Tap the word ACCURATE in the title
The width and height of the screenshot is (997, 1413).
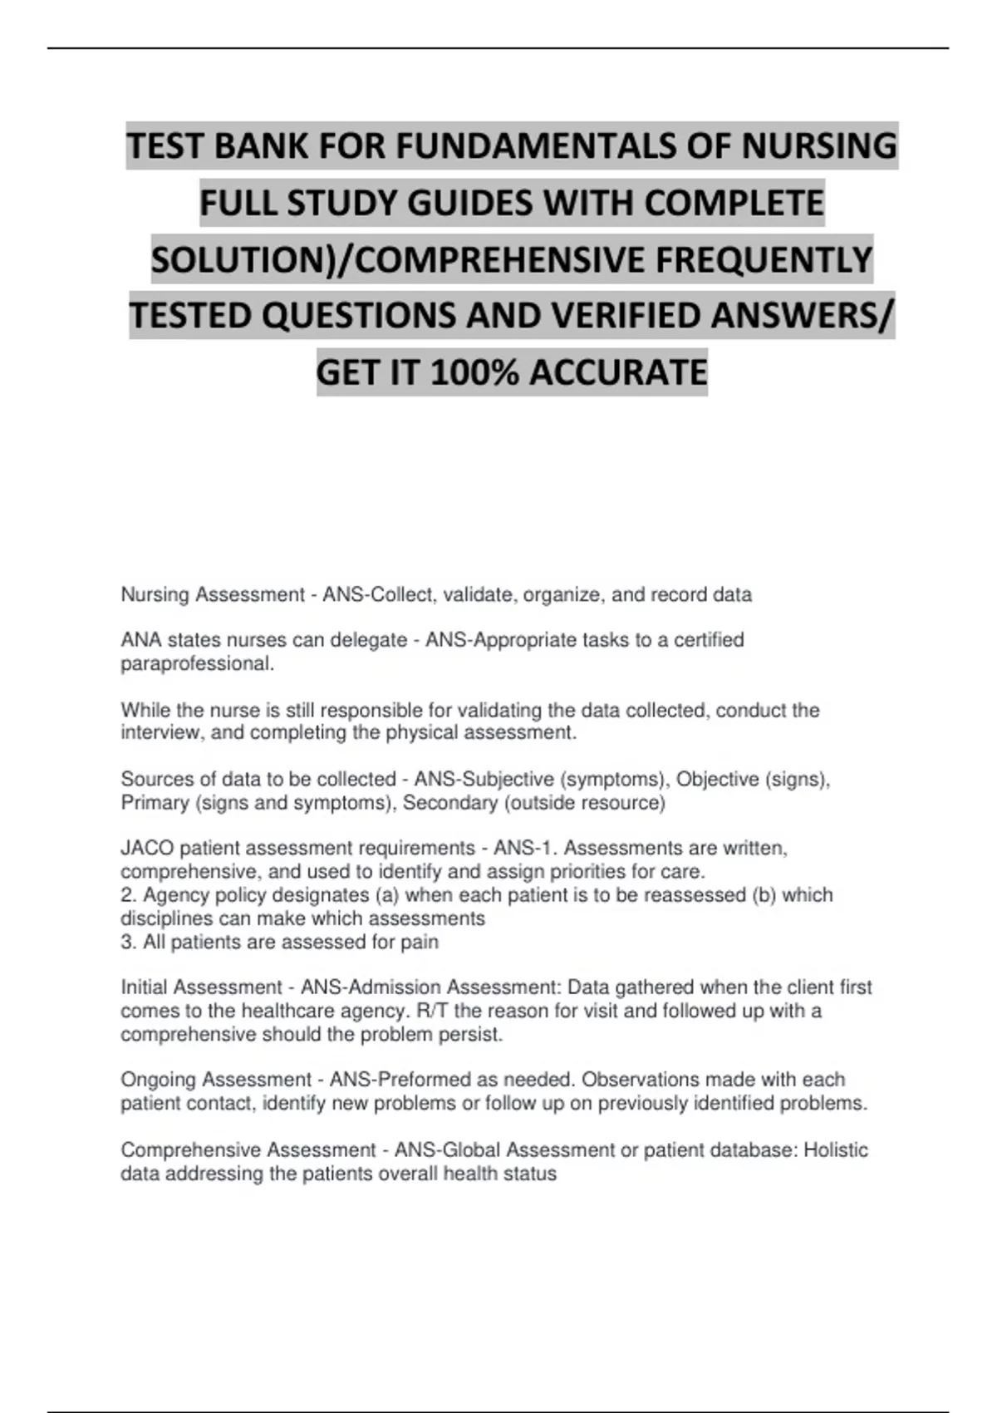coord(618,372)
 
